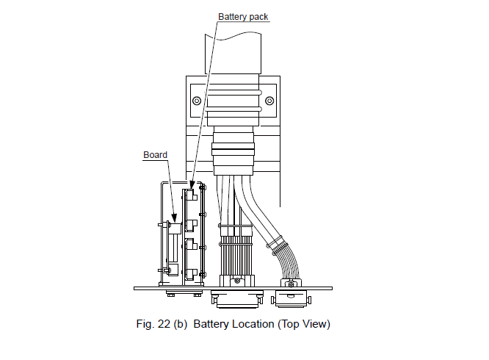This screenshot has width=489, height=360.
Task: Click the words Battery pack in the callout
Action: click(243, 16)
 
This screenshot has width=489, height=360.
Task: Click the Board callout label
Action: click(155, 155)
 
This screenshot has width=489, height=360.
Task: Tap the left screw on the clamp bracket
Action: click(196, 101)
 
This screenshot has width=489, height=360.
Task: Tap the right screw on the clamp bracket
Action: click(269, 101)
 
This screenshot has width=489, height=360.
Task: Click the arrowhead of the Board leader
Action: click(173, 222)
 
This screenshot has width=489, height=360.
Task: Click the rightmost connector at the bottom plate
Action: click(292, 298)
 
